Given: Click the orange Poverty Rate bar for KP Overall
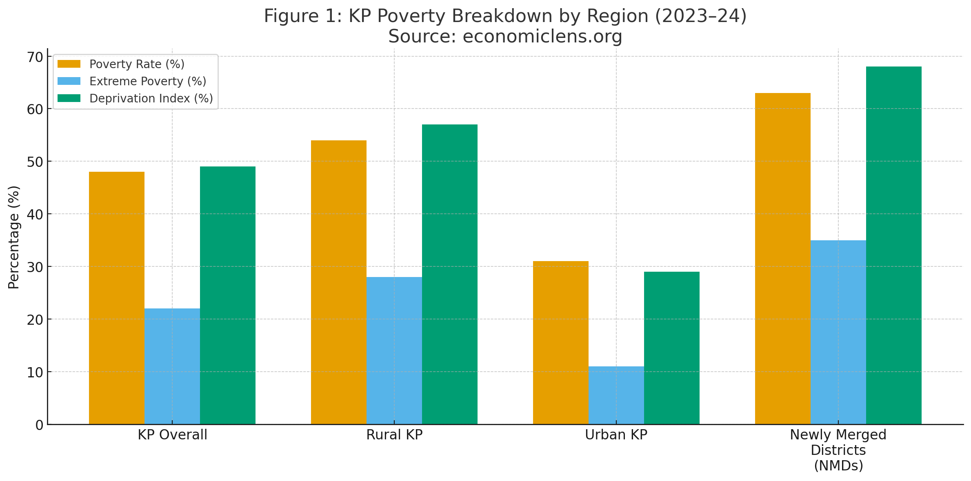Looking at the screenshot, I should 117,298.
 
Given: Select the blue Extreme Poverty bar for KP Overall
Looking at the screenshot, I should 172,366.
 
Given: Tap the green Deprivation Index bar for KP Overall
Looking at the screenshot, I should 228,295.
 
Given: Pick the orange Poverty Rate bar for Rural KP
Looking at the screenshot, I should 339,282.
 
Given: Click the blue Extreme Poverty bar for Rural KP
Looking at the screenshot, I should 394,350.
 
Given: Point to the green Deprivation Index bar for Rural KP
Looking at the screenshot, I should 450,274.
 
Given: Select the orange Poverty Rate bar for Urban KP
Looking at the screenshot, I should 561,342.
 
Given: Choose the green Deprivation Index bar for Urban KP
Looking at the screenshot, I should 672,348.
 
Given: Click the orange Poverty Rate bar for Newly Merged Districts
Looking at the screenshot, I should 783,258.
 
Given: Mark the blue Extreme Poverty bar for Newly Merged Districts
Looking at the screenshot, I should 838,332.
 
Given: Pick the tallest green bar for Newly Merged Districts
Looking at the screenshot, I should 894,245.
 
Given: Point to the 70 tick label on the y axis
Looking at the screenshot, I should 35,57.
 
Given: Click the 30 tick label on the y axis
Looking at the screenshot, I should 35,267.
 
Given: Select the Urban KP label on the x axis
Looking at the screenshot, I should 616,435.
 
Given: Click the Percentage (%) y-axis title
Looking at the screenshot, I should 14,237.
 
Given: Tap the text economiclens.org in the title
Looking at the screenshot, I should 542,36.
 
